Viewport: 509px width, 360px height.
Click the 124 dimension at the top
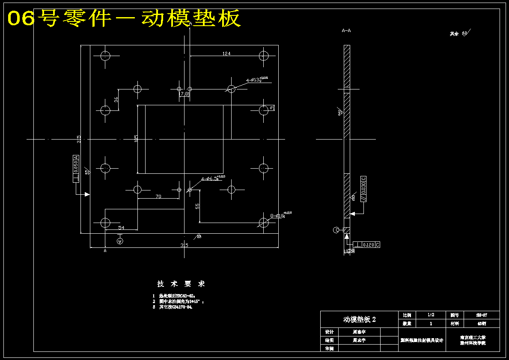[x=226, y=54]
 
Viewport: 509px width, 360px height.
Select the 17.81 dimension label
[x=185, y=94]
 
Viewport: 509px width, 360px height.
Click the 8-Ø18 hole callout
[x=280, y=215]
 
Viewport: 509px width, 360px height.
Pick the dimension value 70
[x=158, y=196]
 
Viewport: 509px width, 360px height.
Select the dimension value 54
[x=121, y=228]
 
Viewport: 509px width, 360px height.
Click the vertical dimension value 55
[x=197, y=206]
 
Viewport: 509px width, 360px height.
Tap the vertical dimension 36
[x=116, y=99]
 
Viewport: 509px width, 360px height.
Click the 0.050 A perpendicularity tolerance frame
[x=76, y=169]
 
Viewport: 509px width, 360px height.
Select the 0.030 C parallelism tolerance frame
[x=363, y=189]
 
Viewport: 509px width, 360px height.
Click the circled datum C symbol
[x=336, y=230]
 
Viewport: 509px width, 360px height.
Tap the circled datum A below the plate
[x=120, y=241]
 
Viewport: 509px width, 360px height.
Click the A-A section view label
[x=346, y=31]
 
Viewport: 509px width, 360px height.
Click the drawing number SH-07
[x=482, y=315]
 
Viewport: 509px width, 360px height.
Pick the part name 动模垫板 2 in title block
[x=360, y=319]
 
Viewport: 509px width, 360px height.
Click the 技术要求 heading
[x=181, y=284]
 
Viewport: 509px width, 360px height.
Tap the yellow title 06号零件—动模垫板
[x=124, y=18]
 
